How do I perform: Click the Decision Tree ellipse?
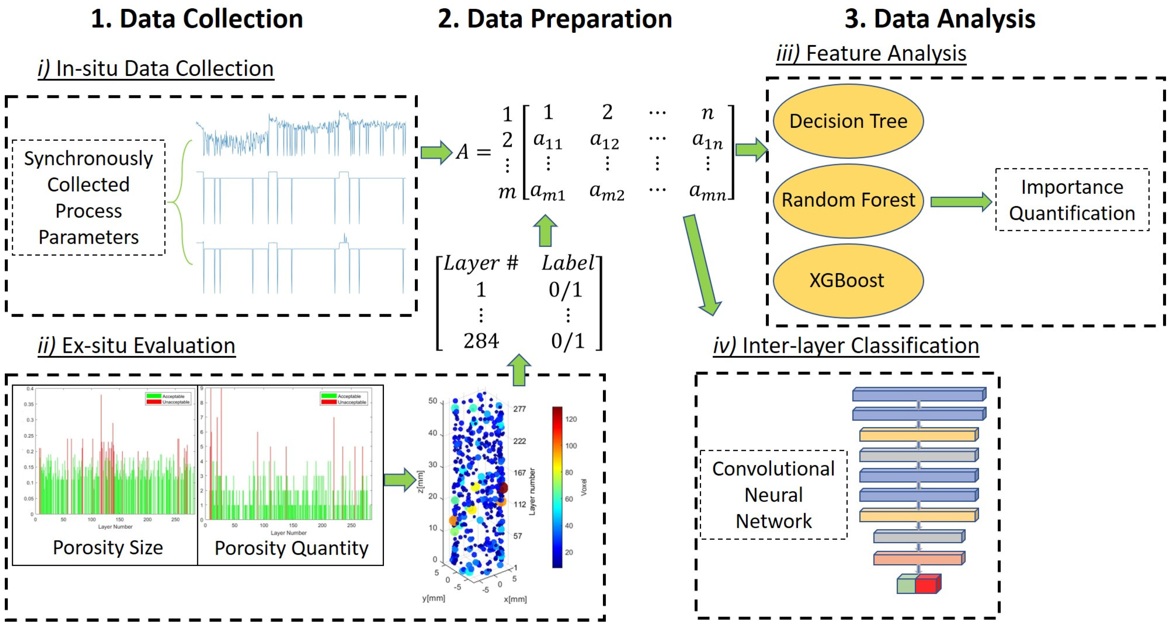click(848, 121)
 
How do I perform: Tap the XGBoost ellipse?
click(847, 280)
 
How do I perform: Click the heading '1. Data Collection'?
click(197, 19)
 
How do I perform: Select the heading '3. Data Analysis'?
click(940, 19)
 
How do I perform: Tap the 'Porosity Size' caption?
click(108, 547)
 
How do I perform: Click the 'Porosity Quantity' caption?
click(291, 548)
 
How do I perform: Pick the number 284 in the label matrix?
click(481, 341)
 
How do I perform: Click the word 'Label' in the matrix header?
click(568, 263)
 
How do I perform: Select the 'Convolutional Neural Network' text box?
click(773, 495)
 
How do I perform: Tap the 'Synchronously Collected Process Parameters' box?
click(89, 197)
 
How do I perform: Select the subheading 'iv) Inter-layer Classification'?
click(846, 345)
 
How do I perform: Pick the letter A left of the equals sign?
click(462, 152)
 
